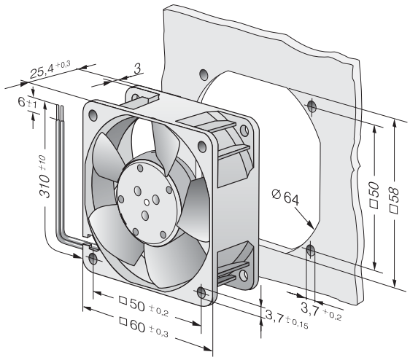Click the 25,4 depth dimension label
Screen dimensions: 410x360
click(50, 69)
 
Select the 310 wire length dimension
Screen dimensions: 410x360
click(44, 176)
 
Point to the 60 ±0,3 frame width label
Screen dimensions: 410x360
click(144, 326)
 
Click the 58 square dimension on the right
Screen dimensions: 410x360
click(393, 197)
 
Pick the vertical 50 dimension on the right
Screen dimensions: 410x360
click(374, 195)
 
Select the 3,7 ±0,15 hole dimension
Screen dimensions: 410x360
click(287, 319)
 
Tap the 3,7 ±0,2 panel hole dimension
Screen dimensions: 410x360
click(321, 310)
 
